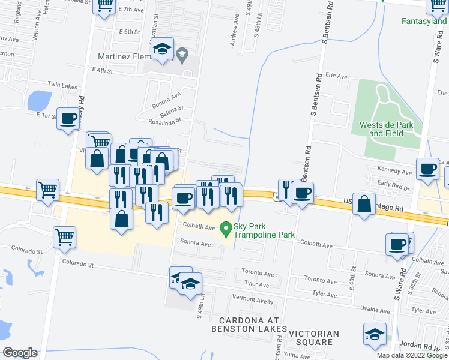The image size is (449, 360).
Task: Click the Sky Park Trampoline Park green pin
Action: point(226,229)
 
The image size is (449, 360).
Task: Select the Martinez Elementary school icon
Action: point(162,50)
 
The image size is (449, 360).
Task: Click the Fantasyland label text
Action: point(425,22)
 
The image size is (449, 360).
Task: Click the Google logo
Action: point(20,353)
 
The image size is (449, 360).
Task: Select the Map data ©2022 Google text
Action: point(411,355)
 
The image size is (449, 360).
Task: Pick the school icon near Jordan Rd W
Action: point(375,334)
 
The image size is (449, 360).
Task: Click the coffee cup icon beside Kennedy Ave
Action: point(428,169)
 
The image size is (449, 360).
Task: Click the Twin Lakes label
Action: point(62,86)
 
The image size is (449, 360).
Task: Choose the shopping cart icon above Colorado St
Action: point(64,236)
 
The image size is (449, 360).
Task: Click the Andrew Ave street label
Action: point(233,38)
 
